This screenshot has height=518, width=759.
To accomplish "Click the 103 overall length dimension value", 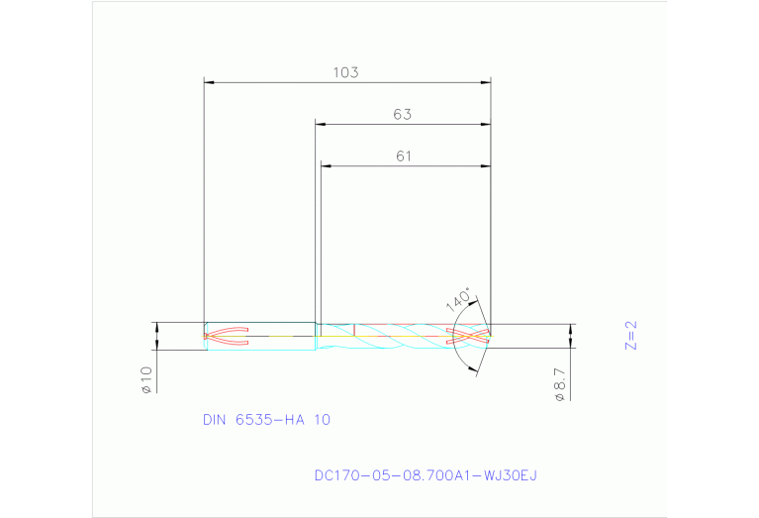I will (x=345, y=72).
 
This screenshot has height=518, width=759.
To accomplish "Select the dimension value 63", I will (x=402, y=115).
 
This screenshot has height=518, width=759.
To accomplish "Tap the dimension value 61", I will (x=403, y=156).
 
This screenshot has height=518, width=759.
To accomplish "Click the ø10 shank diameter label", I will (x=145, y=380).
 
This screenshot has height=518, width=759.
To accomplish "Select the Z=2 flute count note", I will (x=631, y=335).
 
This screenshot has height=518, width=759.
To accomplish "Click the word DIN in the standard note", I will (x=215, y=420).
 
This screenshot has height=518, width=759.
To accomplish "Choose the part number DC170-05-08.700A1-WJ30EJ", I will (x=425, y=476).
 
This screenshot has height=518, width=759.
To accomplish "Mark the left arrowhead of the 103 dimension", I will (x=209, y=81).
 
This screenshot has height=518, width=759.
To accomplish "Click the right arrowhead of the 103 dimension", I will (x=485, y=81).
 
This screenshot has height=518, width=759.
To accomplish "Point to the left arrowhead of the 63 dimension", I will (x=321, y=124).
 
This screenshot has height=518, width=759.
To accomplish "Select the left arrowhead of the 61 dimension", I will (x=326, y=165).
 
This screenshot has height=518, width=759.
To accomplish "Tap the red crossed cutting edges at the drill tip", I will (x=472, y=335).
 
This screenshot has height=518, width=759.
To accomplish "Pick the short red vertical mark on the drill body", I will (x=354, y=329).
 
